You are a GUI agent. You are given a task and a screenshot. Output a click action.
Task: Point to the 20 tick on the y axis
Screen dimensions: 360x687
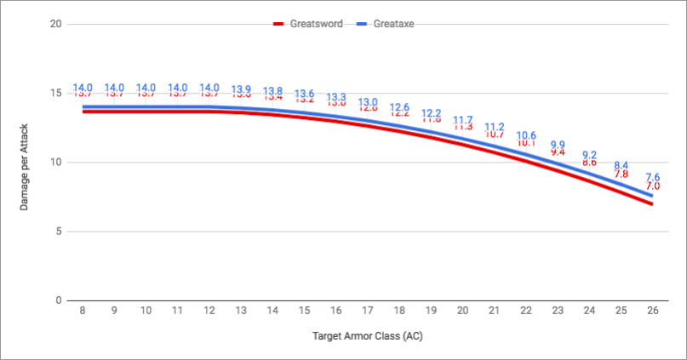(56, 24)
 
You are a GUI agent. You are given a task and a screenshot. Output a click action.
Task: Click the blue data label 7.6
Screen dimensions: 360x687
(653, 177)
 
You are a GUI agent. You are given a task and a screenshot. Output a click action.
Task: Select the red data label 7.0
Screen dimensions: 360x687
(653, 186)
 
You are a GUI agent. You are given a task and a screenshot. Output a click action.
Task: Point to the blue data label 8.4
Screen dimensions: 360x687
(621, 165)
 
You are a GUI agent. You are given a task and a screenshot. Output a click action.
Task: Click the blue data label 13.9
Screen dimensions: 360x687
(241, 89)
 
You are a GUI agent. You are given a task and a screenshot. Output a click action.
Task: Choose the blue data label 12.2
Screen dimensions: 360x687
(432, 113)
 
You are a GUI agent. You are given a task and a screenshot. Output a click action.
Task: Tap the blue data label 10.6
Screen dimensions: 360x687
(526, 135)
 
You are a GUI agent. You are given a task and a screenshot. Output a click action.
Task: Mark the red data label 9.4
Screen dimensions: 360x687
(558, 151)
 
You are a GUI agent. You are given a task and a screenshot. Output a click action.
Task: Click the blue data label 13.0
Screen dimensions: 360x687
(368, 102)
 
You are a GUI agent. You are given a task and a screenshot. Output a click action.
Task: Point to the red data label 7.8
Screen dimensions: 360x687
(621, 174)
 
